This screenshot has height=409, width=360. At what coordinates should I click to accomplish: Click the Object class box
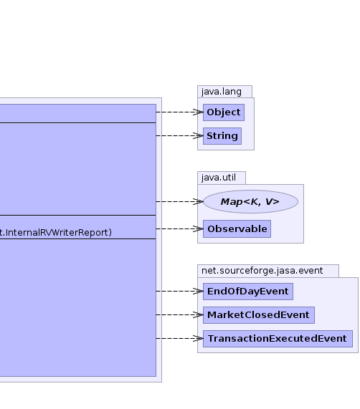[224, 112]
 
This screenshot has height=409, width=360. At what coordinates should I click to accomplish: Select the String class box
[222, 136]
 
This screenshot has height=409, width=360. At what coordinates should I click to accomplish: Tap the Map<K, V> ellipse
[250, 201]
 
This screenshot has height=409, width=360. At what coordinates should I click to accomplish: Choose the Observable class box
[237, 229]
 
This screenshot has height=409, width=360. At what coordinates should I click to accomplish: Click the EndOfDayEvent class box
[248, 292]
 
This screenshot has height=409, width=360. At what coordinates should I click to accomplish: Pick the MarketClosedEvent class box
[259, 315]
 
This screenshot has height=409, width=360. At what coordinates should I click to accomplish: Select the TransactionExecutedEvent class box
[278, 339]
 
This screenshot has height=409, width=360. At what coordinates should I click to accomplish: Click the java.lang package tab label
[222, 92]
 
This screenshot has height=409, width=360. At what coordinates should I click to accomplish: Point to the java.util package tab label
[219, 178]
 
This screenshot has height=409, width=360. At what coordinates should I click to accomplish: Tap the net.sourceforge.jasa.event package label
[262, 271]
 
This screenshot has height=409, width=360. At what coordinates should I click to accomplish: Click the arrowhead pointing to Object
[199, 112]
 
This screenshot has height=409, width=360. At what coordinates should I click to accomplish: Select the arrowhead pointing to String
[199, 135]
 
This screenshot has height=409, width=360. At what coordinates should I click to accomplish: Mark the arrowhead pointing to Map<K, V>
[199, 201]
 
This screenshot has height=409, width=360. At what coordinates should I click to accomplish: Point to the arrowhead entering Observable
[199, 228]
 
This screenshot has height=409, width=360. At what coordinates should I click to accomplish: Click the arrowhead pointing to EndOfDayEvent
[199, 291]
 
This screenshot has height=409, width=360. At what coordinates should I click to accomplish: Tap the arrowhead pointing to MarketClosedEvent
[199, 315]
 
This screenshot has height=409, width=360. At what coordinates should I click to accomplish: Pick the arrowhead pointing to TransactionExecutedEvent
[199, 338]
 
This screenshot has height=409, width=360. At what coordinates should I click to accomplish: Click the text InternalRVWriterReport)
[58, 232]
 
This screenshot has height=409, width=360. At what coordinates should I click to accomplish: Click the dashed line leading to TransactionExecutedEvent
[179, 338]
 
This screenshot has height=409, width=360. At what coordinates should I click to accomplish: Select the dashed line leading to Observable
[179, 228]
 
